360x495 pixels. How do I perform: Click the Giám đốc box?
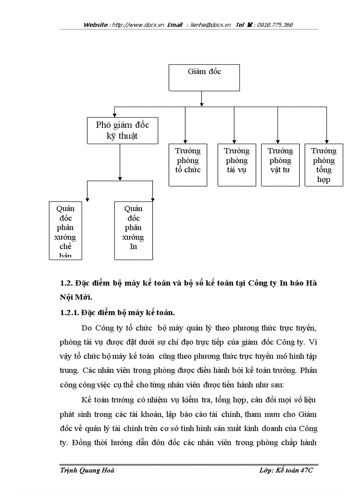coord(204,78)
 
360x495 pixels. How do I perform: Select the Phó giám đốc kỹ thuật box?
coord(122,130)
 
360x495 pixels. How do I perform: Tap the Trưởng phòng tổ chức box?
coord(188,164)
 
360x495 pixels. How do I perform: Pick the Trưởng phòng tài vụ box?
coord(236,164)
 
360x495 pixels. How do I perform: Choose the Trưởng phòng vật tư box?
coord(280,164)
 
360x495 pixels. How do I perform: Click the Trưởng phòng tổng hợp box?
coord(324,164)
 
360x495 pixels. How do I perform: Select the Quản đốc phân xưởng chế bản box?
coord(65,230)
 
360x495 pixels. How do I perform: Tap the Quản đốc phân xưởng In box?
coord(133,230)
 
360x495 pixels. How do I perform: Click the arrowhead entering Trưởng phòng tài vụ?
coord(234,141)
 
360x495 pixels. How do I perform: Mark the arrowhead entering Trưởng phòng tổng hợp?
coord(327,141)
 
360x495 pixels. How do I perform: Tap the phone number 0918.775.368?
coord(272,25)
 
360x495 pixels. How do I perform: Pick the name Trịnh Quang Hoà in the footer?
coord(87,471)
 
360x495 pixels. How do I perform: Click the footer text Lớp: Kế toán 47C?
coord(288,471)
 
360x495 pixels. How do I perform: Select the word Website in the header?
coord(96,25)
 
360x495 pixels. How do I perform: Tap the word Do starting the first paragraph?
coord(87,328)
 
